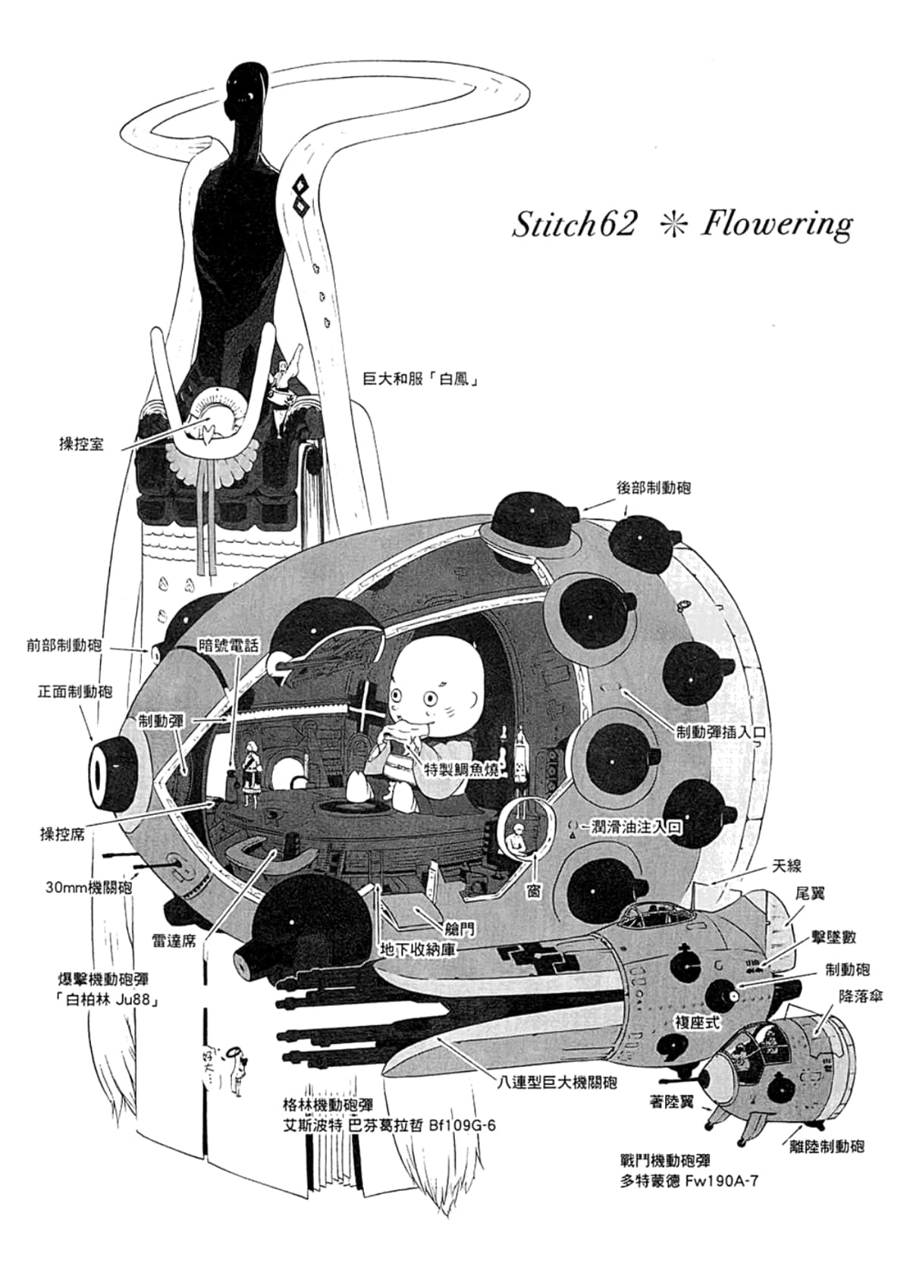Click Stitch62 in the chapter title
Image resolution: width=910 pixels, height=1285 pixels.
tap(573, 224)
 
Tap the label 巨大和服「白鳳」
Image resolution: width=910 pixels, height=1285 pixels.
tap(420, 378)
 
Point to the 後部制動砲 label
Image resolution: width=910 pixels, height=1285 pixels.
tap(654, 488)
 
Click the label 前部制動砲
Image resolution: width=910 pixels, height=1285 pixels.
tap(64, 646)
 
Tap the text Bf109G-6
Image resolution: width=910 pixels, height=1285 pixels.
tap(461, 1125)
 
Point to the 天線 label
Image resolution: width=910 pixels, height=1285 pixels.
tap(786, 866)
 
